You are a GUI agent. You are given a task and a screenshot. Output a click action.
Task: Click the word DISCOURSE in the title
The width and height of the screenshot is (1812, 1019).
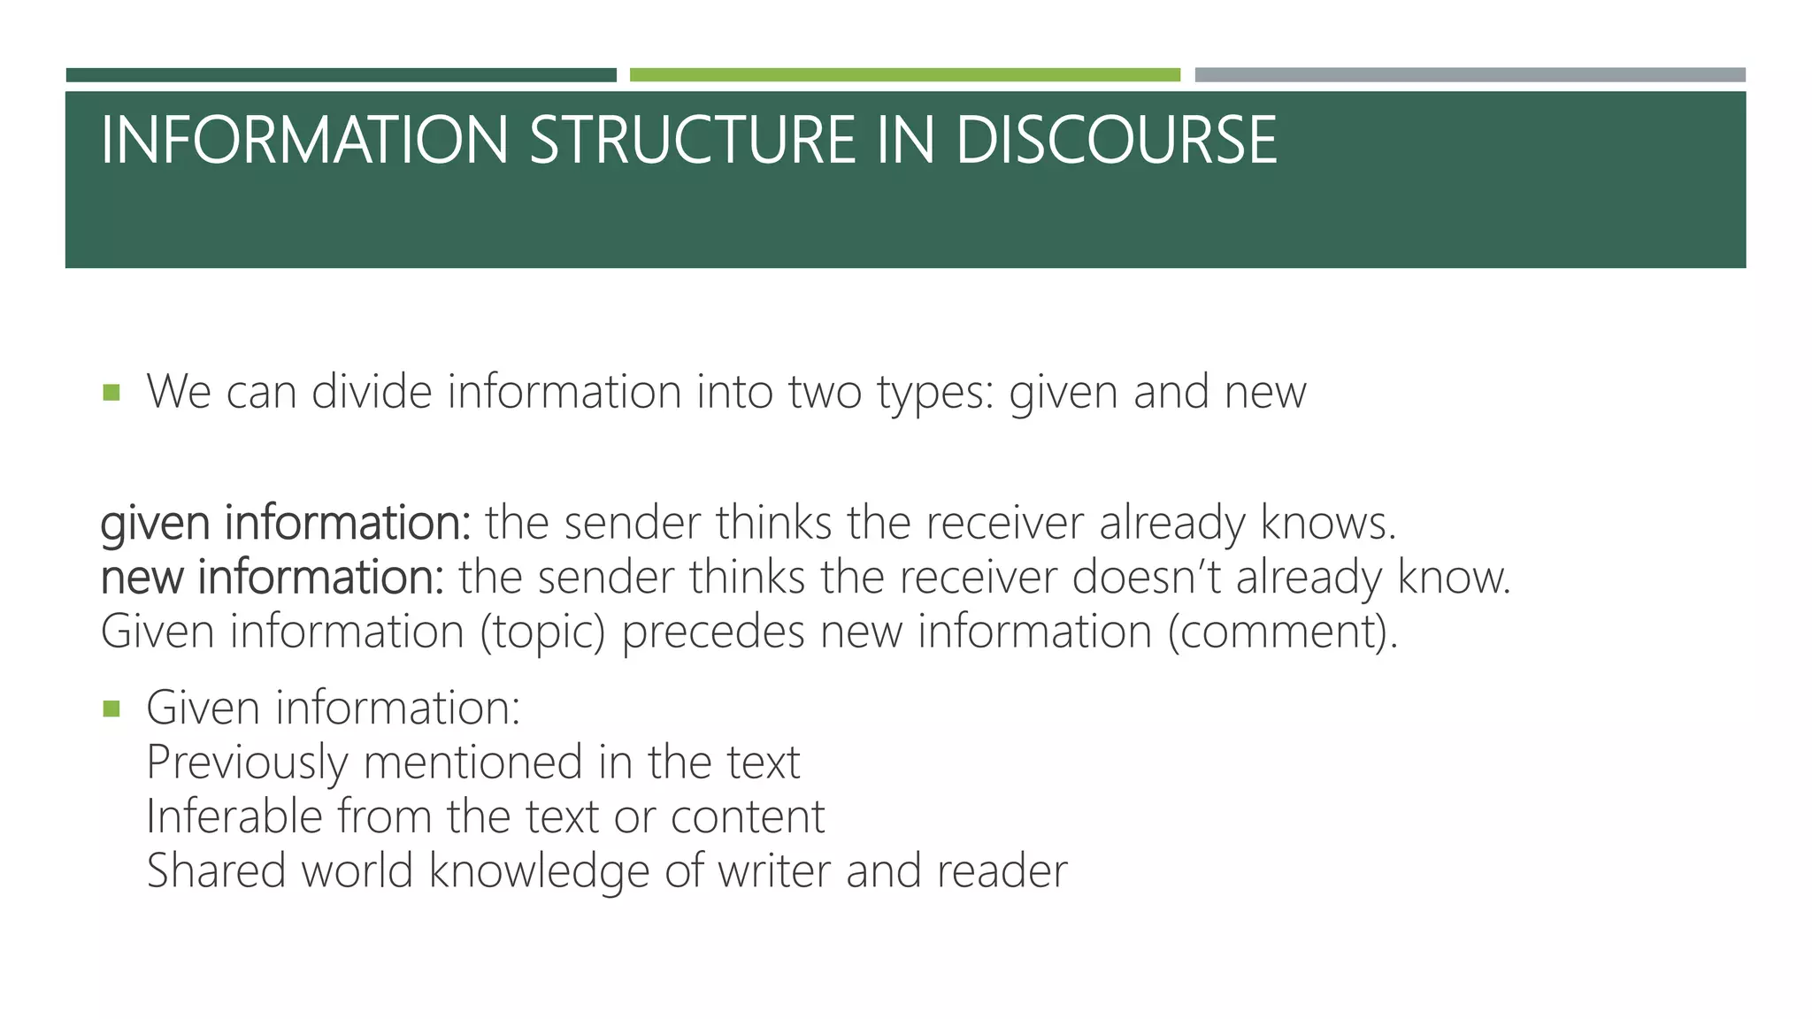(x=1116, y=141)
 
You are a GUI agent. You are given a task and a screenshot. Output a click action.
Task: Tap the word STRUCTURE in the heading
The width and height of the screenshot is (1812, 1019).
(x=693, y=141)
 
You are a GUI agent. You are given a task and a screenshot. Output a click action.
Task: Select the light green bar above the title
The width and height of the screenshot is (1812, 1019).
(x=904, y=75)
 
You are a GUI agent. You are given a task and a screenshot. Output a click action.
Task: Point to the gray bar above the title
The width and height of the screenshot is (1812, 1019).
(x=1470, y=75)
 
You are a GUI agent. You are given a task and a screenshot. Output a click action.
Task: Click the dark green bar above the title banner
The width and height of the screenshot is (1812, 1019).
(x=341, y=75)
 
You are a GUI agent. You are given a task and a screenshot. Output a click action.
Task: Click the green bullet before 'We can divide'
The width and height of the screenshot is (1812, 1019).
(x=111, y=392)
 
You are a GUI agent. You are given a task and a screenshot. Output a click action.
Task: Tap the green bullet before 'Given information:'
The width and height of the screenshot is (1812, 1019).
(x=111, y=709)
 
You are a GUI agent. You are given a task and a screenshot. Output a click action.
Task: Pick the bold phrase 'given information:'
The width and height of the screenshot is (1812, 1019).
(x=286, y=524)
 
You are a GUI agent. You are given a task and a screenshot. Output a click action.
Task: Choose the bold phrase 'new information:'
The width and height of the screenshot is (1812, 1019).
(x=273, y=578)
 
